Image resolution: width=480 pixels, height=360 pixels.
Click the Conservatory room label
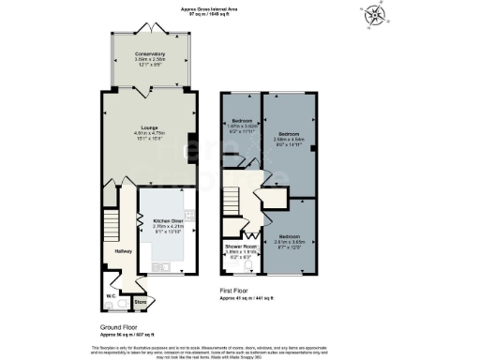tap(149, 54)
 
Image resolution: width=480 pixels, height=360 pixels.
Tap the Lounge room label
tap(148, 128)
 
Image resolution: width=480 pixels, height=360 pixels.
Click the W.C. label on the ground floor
tap(111, 296)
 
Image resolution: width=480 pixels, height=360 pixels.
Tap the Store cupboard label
tap(140, 302)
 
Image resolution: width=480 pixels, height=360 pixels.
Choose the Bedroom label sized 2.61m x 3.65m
tap(289, 236)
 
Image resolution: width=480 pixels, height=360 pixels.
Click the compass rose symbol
tap(374, 16)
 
